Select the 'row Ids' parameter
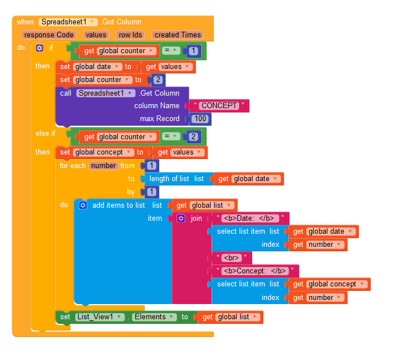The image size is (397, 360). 130,35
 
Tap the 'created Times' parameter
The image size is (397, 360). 177,35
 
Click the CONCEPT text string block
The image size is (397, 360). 220,106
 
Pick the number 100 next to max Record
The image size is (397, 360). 199,119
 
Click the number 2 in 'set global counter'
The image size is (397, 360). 158,80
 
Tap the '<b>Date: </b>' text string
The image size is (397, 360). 249,218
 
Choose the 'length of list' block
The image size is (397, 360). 168,179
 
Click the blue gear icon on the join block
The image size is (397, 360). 181,218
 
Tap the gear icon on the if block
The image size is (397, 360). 40,48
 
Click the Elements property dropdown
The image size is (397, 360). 153,317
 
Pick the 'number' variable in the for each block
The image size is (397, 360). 103,166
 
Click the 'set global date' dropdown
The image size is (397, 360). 99,67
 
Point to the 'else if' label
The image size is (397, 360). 45,133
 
